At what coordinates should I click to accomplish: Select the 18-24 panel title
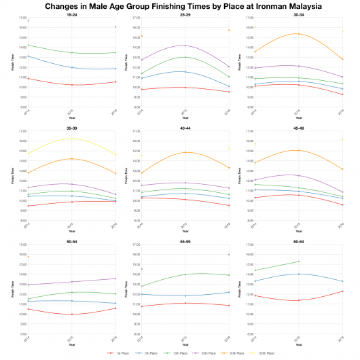pos(71,14)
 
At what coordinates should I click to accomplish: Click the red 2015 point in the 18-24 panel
pos(71,85)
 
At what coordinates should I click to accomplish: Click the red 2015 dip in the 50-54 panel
pos(71,314)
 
